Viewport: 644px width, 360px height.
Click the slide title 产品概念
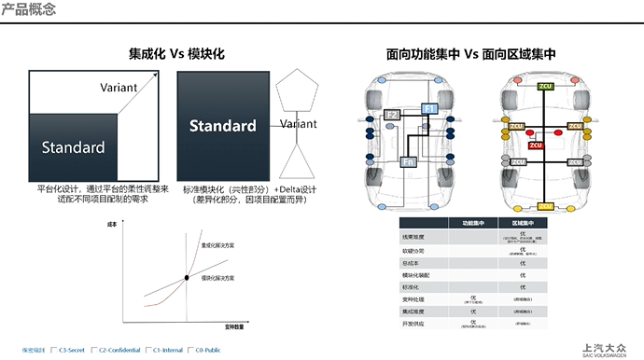[x=28, y=10]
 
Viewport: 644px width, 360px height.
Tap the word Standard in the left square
[x=73, y=147]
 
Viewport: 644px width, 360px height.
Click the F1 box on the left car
[x=430, y=109]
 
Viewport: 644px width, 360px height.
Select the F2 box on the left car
[x=392, y=116]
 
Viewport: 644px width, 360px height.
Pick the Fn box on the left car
[x=408, y=162]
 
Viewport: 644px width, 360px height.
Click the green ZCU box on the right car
[x=544, y=86]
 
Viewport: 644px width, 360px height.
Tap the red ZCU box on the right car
[x=536, y=145]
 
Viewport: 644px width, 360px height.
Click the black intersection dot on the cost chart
[x=187, y=278]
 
